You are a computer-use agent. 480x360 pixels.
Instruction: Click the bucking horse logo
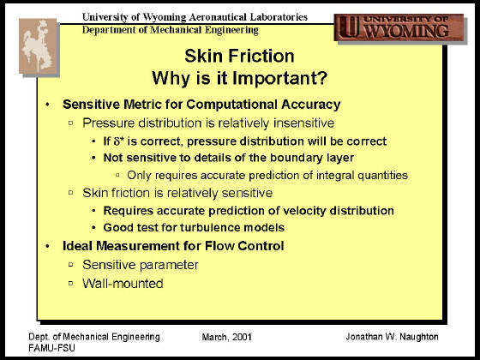coord(39,46)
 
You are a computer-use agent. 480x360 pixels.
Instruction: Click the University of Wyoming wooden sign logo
coord(399,27)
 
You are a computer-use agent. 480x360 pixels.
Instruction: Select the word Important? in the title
coord(279,78)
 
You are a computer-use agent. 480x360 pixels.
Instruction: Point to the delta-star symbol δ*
coord(119,141)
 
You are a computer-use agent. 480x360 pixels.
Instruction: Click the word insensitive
coord(303,123)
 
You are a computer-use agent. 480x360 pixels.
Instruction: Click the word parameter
coord(170,265)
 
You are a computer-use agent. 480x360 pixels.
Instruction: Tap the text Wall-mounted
coord(123,284)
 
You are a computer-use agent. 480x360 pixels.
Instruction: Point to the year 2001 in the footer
coord(242,337)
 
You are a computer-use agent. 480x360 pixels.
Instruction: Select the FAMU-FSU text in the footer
coord(51,348)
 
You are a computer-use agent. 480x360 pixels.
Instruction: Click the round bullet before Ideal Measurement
coord(47,246)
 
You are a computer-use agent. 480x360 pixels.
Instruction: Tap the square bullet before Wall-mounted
coord(71,283)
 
